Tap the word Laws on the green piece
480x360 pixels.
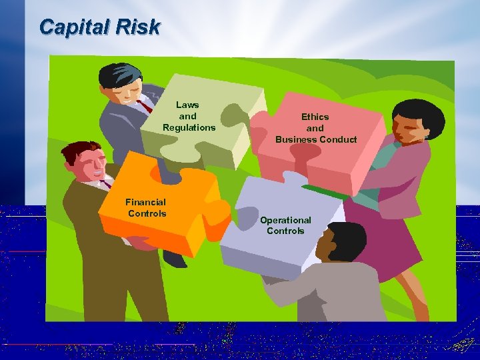tap(187, 105)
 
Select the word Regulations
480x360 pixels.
tap(189, 127)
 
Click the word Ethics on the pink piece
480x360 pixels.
tap(315, 117)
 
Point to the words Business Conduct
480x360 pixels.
tap(316, 139)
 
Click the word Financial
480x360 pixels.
tap(145, 201)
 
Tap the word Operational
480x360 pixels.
tap(285, 220)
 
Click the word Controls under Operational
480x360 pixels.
tap(285, 231)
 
